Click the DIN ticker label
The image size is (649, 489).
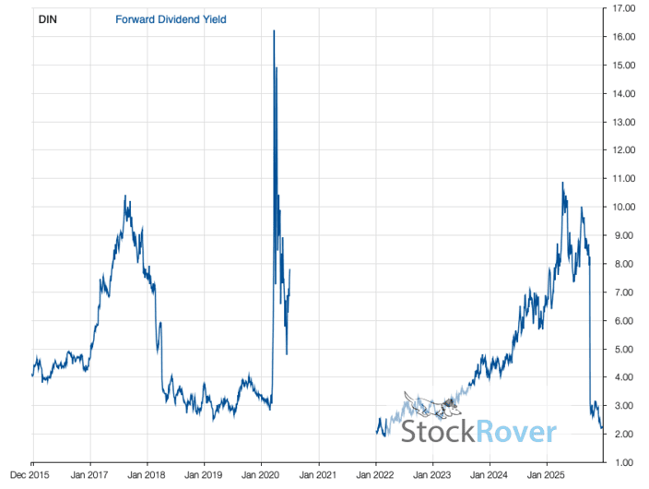click(47, 18)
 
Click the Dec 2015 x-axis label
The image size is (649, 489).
click(32, 477)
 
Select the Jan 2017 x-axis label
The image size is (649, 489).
click(89, 477)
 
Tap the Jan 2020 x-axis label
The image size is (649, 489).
click(261, 477)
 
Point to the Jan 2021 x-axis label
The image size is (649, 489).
click(318, 477)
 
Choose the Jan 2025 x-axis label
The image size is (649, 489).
click(546, 477)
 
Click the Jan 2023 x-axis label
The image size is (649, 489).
click(432, 477)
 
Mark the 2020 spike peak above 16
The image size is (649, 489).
click(274, 30)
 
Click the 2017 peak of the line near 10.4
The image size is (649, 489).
click(125, 196)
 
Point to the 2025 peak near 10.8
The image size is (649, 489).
click(562, 183)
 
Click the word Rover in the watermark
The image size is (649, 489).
click(516, 432)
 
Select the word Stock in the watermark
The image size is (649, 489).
click(436, 432)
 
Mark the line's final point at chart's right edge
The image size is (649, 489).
click(602, 428)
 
